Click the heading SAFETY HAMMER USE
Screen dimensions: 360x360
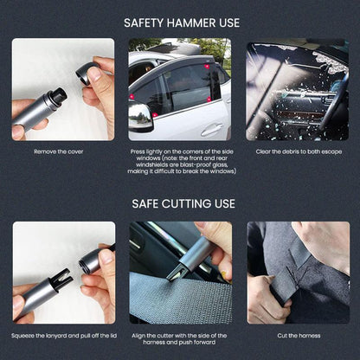point(181,22)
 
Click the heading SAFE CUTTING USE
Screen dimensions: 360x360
point(181,204)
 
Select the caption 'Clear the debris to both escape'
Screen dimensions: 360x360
point(298,151)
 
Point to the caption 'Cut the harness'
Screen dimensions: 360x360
point(298,335)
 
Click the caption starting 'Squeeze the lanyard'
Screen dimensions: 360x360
point(63,335)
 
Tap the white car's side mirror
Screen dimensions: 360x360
point(140,117)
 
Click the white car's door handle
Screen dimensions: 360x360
point(211,129)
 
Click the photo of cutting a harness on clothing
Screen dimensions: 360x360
point(298,273)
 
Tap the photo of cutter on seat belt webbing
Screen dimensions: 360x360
point(181,273)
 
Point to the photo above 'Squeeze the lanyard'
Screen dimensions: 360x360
point(63,273)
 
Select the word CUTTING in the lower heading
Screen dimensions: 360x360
point(187,204)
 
